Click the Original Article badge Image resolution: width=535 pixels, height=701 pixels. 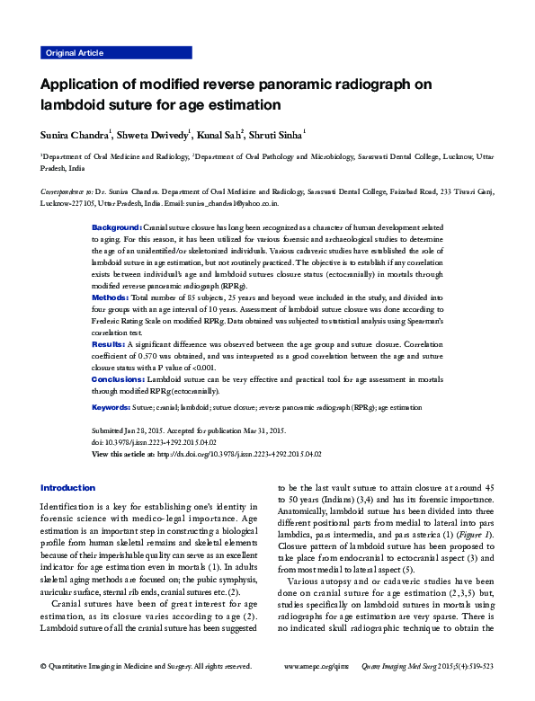(x=74, y=54)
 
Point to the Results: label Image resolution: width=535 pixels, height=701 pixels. (x=110, y=344)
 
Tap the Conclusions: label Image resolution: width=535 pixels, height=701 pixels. (x=120, y=380)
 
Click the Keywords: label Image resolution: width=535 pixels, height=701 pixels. (x=113, y=407)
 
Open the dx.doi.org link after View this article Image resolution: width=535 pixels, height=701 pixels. (x=238, y=456)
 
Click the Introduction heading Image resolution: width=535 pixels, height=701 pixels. (x=67, y=487)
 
